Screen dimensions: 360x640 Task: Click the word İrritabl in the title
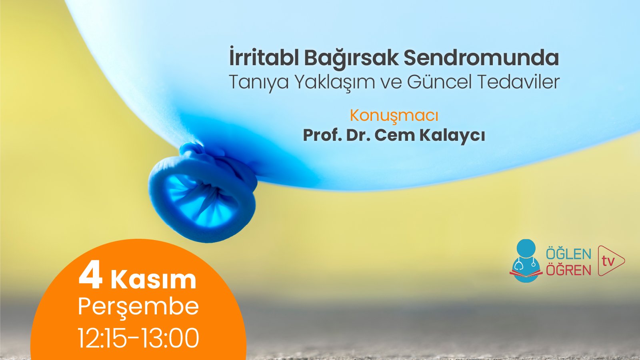tap(264, 58)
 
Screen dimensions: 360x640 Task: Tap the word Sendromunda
tap(481, 58)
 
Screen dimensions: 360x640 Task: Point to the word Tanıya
tap(258, 82)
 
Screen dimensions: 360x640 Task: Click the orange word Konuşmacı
tap(394, 116)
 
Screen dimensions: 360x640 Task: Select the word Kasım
tap(154, 280)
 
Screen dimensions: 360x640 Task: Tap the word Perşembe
tap(138, 307)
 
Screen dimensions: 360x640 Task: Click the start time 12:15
tap(102, 338)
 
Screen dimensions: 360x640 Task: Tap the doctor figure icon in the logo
tap(526, 260)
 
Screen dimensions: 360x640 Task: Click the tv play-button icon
tap(610, 261)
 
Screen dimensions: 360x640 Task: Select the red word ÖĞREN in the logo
tap(568, 270)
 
